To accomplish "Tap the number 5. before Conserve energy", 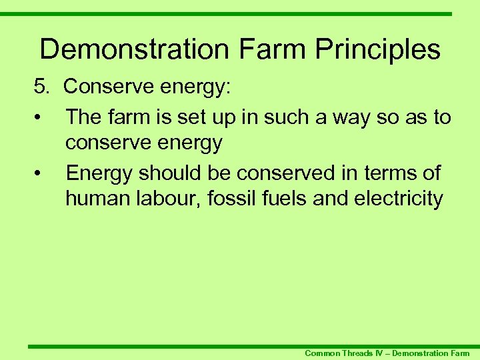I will click(x=43, y=86).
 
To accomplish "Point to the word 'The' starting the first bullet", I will click(x=83, y=118).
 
